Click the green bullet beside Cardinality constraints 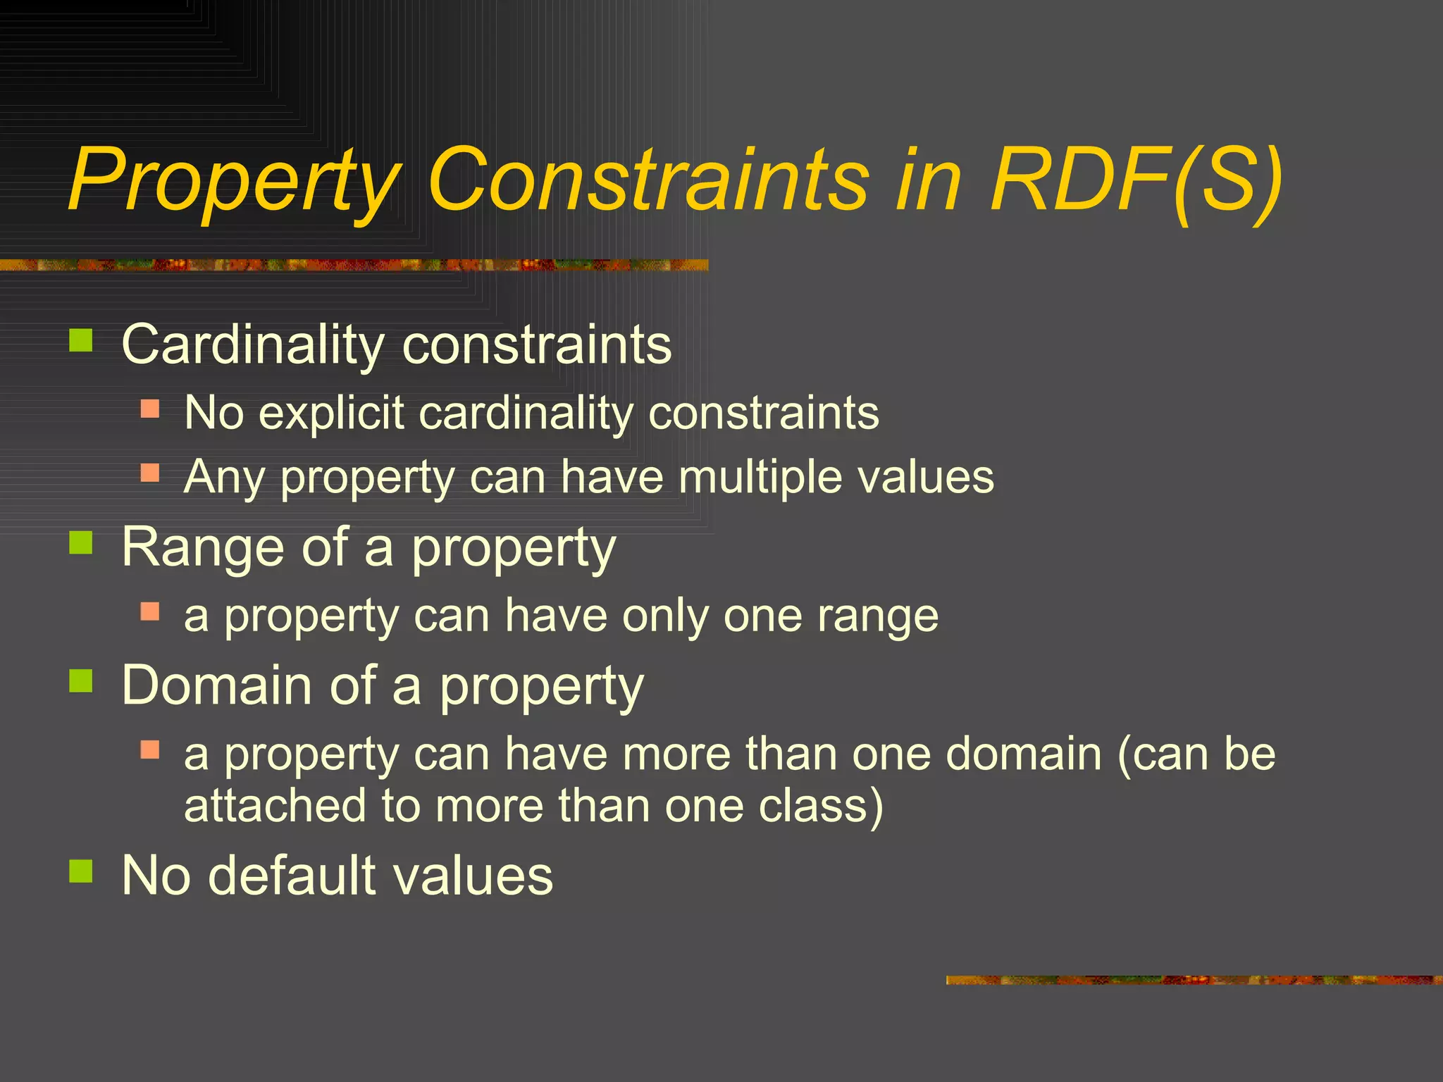[81, 341]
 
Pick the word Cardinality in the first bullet [252, 344]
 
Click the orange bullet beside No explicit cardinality [150, 409]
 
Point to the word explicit [331, 413]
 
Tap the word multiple [760, 477]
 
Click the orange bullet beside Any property [150, 472]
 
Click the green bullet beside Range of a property [81, 543]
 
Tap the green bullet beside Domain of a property [81, 681]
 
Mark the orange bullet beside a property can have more [150, 749]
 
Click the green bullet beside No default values [81, 871]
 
